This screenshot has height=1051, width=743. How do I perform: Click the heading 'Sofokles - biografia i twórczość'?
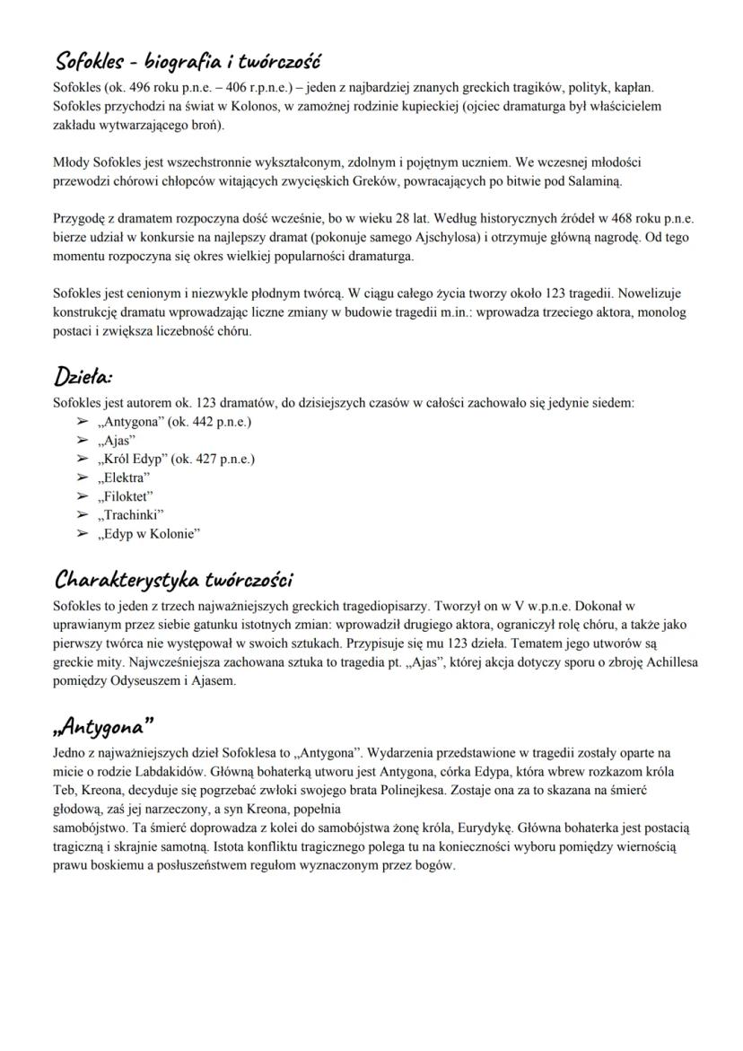click(187, 62)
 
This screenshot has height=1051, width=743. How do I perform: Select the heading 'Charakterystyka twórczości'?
click(174, 577)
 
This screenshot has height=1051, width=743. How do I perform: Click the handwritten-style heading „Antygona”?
click(102, 723)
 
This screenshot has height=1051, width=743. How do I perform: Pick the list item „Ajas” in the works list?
click(118, 440)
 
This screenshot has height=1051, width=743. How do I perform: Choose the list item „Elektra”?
click(125, 477)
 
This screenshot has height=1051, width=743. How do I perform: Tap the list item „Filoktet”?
click(127, 496)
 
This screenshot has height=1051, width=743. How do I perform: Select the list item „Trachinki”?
click(132, 515)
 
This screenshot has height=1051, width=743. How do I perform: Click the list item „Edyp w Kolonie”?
click(150, 534)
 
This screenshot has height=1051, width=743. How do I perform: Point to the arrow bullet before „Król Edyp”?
click(83, 459)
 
